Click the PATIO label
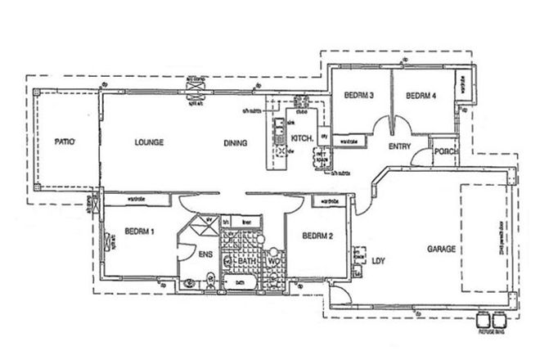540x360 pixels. (x=65, y=142)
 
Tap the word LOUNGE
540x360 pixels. (x=150, y=142)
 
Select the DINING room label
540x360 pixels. (x=236, y=143)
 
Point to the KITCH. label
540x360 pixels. (x=302, y=138)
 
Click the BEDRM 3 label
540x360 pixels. (x=358, y=96)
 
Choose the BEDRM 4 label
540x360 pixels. (x=421, y=96)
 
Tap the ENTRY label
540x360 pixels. (x=399, y=146)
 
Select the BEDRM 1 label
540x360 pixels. (x=141, y=232)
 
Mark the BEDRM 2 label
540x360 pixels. (x=317, y=237)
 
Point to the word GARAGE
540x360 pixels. (x=439, y=249)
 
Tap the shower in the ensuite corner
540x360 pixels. (x=197, y=227)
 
